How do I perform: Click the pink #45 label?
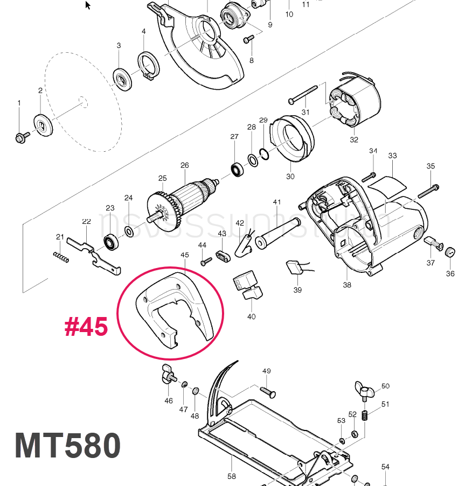click(86, 327)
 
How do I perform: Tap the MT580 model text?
click(67, 446)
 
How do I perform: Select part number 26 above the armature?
click(184, 165)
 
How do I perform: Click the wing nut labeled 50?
click(362, 389)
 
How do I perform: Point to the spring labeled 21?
click(61, 257)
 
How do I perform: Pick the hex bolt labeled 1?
click(21, 138)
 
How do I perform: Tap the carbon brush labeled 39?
click(295, 267)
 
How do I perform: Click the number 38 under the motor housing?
click(347, 285)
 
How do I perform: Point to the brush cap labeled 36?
click(450, 251)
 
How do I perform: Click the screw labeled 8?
click(248, 39)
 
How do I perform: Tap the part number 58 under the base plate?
click(232, 476)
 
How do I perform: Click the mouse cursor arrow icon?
click(88, 5)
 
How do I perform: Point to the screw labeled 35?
click(428, 190)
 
